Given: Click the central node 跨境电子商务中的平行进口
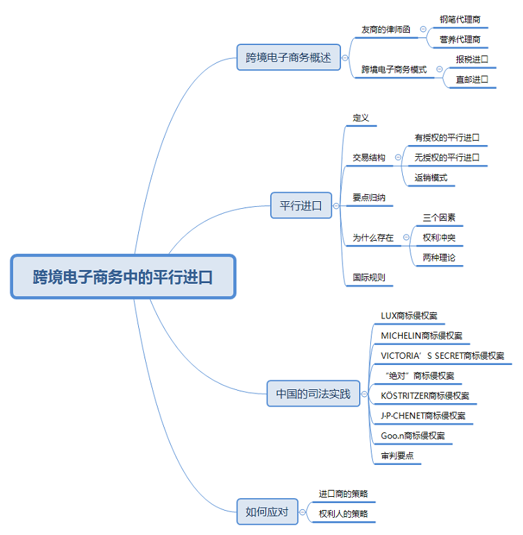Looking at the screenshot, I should (x=123, y=277).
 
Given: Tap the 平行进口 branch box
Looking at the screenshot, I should (x=301, y=205).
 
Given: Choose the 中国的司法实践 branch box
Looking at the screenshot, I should (x=313, y=394).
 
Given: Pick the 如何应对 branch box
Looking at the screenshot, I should (x=267, y=512).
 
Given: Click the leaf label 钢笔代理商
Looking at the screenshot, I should (x=460, y=19).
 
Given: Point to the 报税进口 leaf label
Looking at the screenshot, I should (x=472, y=59).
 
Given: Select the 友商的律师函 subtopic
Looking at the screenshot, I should (x=385, y=30).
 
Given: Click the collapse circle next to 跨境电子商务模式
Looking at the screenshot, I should (x=439, y=69).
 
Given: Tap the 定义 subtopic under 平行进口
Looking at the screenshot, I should (x=360, y=118).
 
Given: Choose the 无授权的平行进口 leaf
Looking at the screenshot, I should (x=447, y=158).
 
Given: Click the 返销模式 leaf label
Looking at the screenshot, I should (x=431, y=178).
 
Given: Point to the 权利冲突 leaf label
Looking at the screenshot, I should (x=439, y=237).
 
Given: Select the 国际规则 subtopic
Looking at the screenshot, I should (x=369, y=277).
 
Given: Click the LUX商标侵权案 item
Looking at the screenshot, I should (x=409, y=316).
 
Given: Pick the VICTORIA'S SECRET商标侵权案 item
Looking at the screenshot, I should (x=442, y=355).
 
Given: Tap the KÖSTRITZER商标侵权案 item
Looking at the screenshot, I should (x=424, y=396).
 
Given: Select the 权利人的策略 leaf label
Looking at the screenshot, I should (x=343, y=514).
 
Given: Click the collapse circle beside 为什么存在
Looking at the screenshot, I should (x=406, y=237).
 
